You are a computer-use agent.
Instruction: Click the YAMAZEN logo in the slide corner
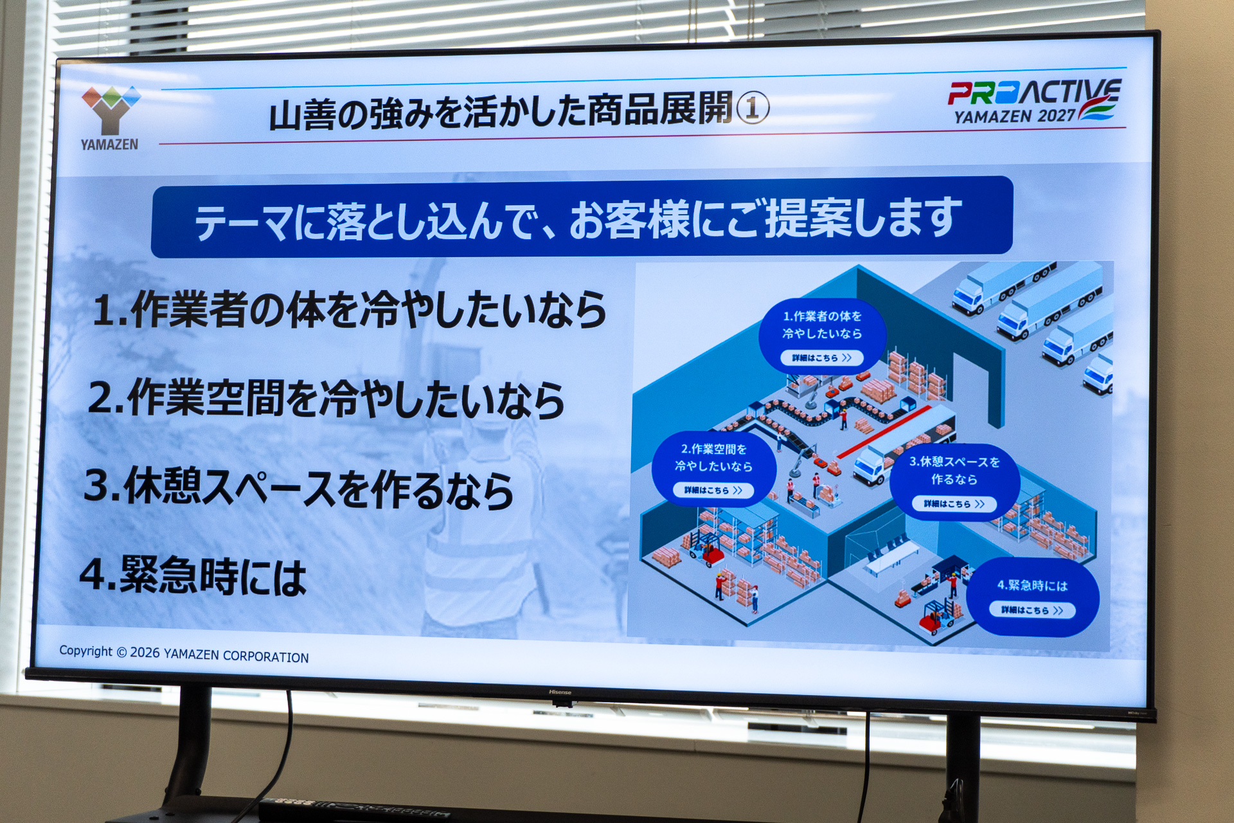click(x=110, y=118)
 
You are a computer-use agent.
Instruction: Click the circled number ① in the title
click(x=752, y=107)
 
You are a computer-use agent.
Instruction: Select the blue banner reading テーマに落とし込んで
click(x=582, y=217)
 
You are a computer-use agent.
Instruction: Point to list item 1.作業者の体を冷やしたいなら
click(x=350, y=310)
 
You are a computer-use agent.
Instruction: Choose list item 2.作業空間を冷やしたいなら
click(x=326, y=399)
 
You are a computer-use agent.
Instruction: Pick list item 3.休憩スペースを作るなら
click(x=299, y=489)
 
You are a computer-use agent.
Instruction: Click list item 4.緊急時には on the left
click(x=193, y=575)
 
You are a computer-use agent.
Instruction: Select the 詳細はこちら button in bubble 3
click(x=954, y=504)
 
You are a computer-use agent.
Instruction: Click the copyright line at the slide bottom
click(x=184, y=654)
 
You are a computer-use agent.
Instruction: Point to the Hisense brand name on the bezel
click(x=560, y=692)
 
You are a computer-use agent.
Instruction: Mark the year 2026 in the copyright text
click(x=145, y=653)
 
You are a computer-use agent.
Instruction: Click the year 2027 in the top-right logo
click(x=1056, y=116)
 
